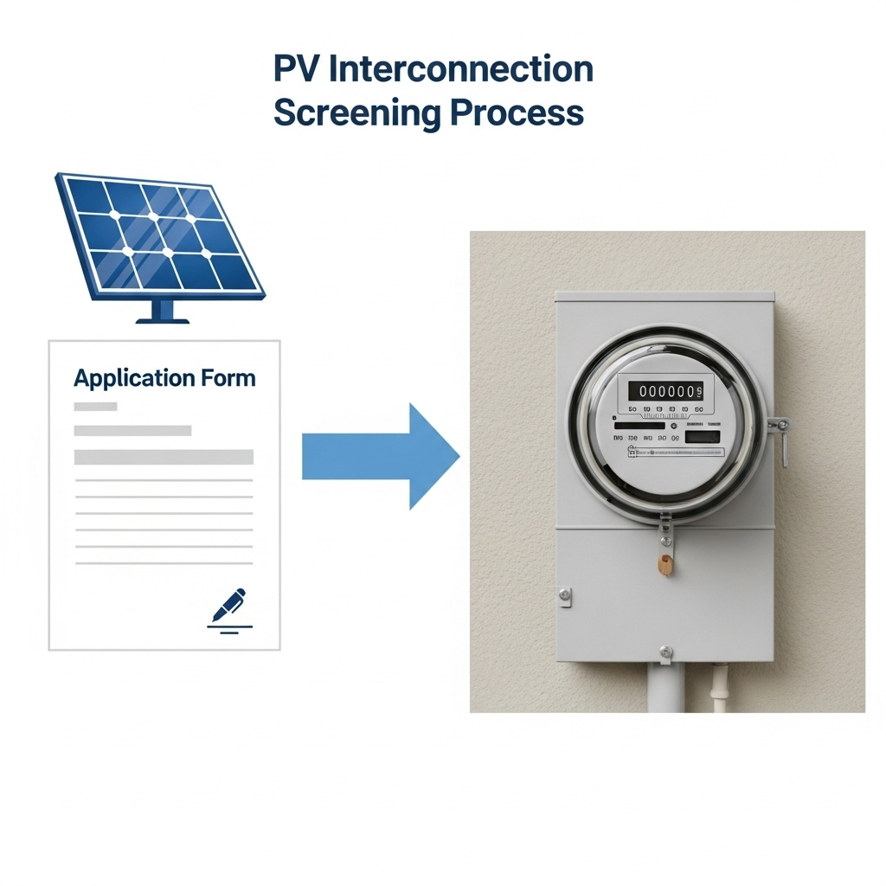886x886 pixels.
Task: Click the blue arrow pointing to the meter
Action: [381, 455]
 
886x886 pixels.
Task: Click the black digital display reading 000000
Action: [665, 391]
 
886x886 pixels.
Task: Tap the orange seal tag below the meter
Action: [664, 565]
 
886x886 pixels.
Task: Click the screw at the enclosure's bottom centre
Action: [664, 650]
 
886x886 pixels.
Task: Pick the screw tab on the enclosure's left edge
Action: [564, 594]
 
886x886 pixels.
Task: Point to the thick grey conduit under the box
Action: [664, 688]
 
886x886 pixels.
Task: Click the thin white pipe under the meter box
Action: [717, 688]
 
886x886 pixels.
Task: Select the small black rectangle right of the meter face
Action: [702, 437]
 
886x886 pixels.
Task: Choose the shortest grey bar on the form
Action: [95, 407]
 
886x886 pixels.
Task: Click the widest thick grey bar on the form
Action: [164, 456]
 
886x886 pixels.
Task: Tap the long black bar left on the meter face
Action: [639, 426]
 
